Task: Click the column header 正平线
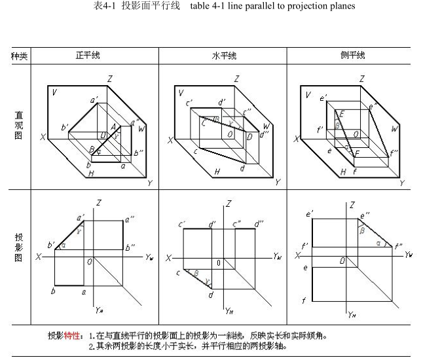tap(88, 56)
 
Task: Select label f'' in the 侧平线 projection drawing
tap(397, 247)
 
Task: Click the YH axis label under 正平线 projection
tap(98, 308)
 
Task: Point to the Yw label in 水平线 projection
tap(278, 257)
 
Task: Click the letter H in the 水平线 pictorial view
tap(216, 172)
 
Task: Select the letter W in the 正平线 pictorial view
tap(141, 129)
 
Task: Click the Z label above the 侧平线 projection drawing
tap(352, 205)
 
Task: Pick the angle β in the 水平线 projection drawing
tap(195, 272)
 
